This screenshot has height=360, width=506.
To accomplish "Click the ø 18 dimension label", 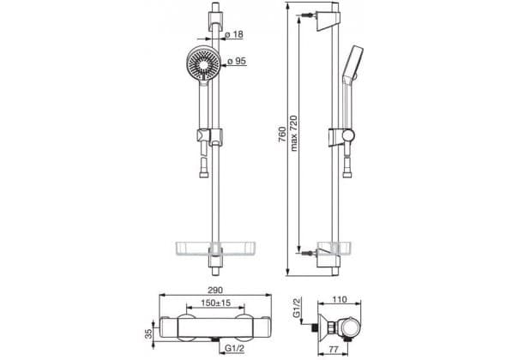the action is [234, 34].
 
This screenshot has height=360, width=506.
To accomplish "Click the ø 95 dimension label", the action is [237, 61].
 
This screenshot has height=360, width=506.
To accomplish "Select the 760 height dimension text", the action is [282, 135].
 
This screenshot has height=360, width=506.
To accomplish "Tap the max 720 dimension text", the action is [294, 133].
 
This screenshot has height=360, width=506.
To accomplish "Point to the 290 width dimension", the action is [215, 290].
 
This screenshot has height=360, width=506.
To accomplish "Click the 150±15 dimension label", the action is [216, 303].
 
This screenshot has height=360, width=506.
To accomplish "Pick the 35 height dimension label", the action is [148, 333].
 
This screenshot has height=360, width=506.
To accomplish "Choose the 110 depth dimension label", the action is [339, 299].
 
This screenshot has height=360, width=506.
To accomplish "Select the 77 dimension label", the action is [334, 350].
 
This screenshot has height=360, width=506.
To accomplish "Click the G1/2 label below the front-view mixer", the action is [235, 348].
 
